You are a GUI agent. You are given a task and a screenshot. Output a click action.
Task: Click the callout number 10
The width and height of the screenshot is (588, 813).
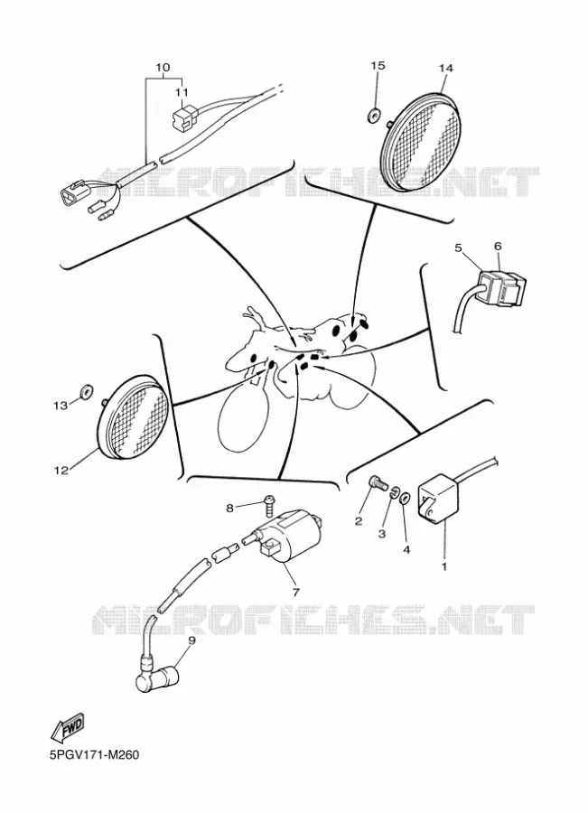163,68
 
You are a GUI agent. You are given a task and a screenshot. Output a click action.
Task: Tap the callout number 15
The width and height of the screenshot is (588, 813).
378,65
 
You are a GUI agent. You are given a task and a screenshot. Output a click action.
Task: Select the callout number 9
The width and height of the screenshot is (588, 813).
191,640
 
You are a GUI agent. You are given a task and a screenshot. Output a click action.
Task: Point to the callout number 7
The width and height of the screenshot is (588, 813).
296,591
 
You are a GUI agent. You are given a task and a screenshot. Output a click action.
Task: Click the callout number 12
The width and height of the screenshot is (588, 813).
61,471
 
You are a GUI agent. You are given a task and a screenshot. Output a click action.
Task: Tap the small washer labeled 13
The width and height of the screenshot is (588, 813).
86,391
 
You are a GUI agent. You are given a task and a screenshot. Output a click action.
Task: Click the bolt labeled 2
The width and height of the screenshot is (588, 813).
378,485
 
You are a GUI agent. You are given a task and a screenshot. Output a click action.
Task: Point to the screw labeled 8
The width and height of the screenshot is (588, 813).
268,503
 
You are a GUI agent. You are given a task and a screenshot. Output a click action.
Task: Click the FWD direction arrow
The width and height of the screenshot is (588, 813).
68,729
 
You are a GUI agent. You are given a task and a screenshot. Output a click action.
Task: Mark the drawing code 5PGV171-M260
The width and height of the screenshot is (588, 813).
94,754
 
